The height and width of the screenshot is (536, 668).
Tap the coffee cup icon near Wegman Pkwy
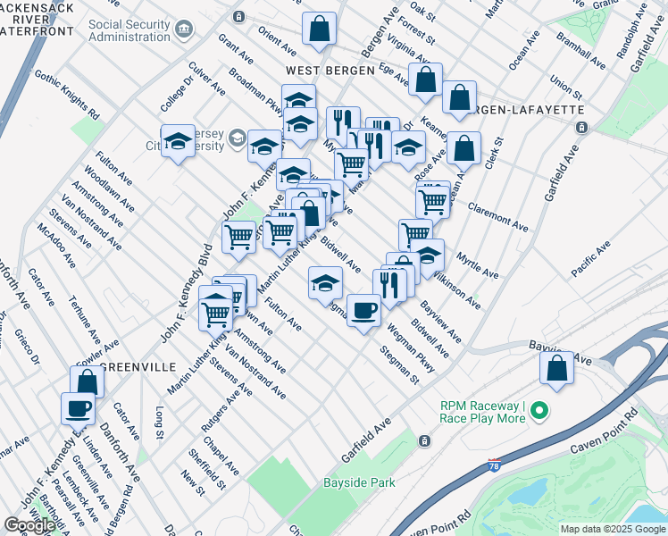click(x=363, y=311)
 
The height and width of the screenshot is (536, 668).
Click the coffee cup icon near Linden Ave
click(x=78, y=409)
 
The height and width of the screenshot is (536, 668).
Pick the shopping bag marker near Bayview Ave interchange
click(x=556, y=368)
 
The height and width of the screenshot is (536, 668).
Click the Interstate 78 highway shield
click(x=495, y=465)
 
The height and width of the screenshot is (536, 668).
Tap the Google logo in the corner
click(x=29, y=525)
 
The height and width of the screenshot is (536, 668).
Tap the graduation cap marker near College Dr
click(x=178, y=141)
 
